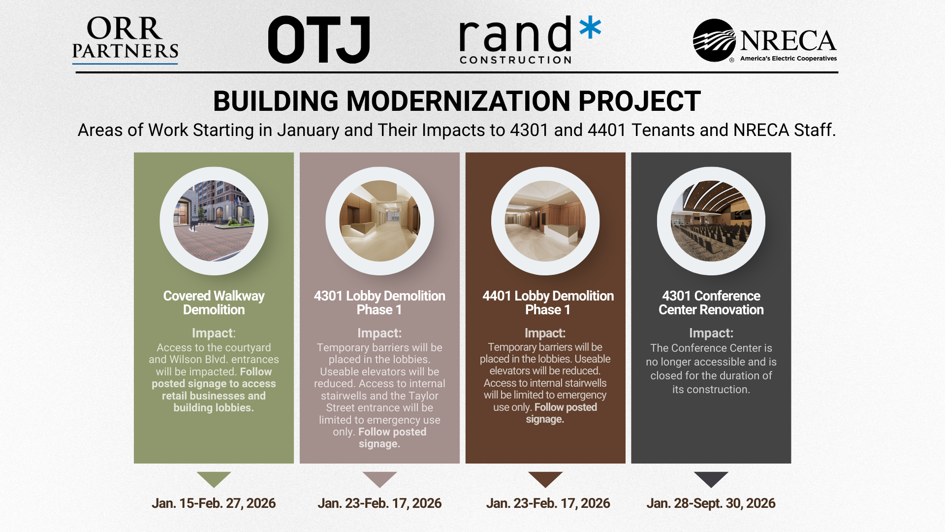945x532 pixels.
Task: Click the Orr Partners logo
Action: tap(125, 40)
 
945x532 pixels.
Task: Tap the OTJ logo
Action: tap(319, 39)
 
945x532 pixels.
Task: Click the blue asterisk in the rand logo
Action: tap(590, 28)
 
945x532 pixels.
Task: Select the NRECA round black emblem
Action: tap(714, 40)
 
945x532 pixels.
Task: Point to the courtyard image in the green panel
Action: tap(214, 221)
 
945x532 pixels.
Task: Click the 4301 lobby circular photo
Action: tap(379, 221)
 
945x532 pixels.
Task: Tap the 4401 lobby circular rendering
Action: tap(545, 221)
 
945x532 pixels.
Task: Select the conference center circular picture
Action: tap(711, 221)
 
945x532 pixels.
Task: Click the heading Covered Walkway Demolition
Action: tap(214, 302)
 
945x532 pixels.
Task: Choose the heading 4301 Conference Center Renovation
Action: tap(711, 302)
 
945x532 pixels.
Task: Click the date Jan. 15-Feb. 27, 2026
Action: tap(214, 503)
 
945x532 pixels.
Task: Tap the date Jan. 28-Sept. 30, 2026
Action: tap(711, 503)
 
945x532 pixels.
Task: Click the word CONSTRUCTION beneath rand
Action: tap(516, 60)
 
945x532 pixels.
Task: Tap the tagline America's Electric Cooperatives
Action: tap(788, 58)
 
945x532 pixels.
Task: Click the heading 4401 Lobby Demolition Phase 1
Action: tap(548, 302)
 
